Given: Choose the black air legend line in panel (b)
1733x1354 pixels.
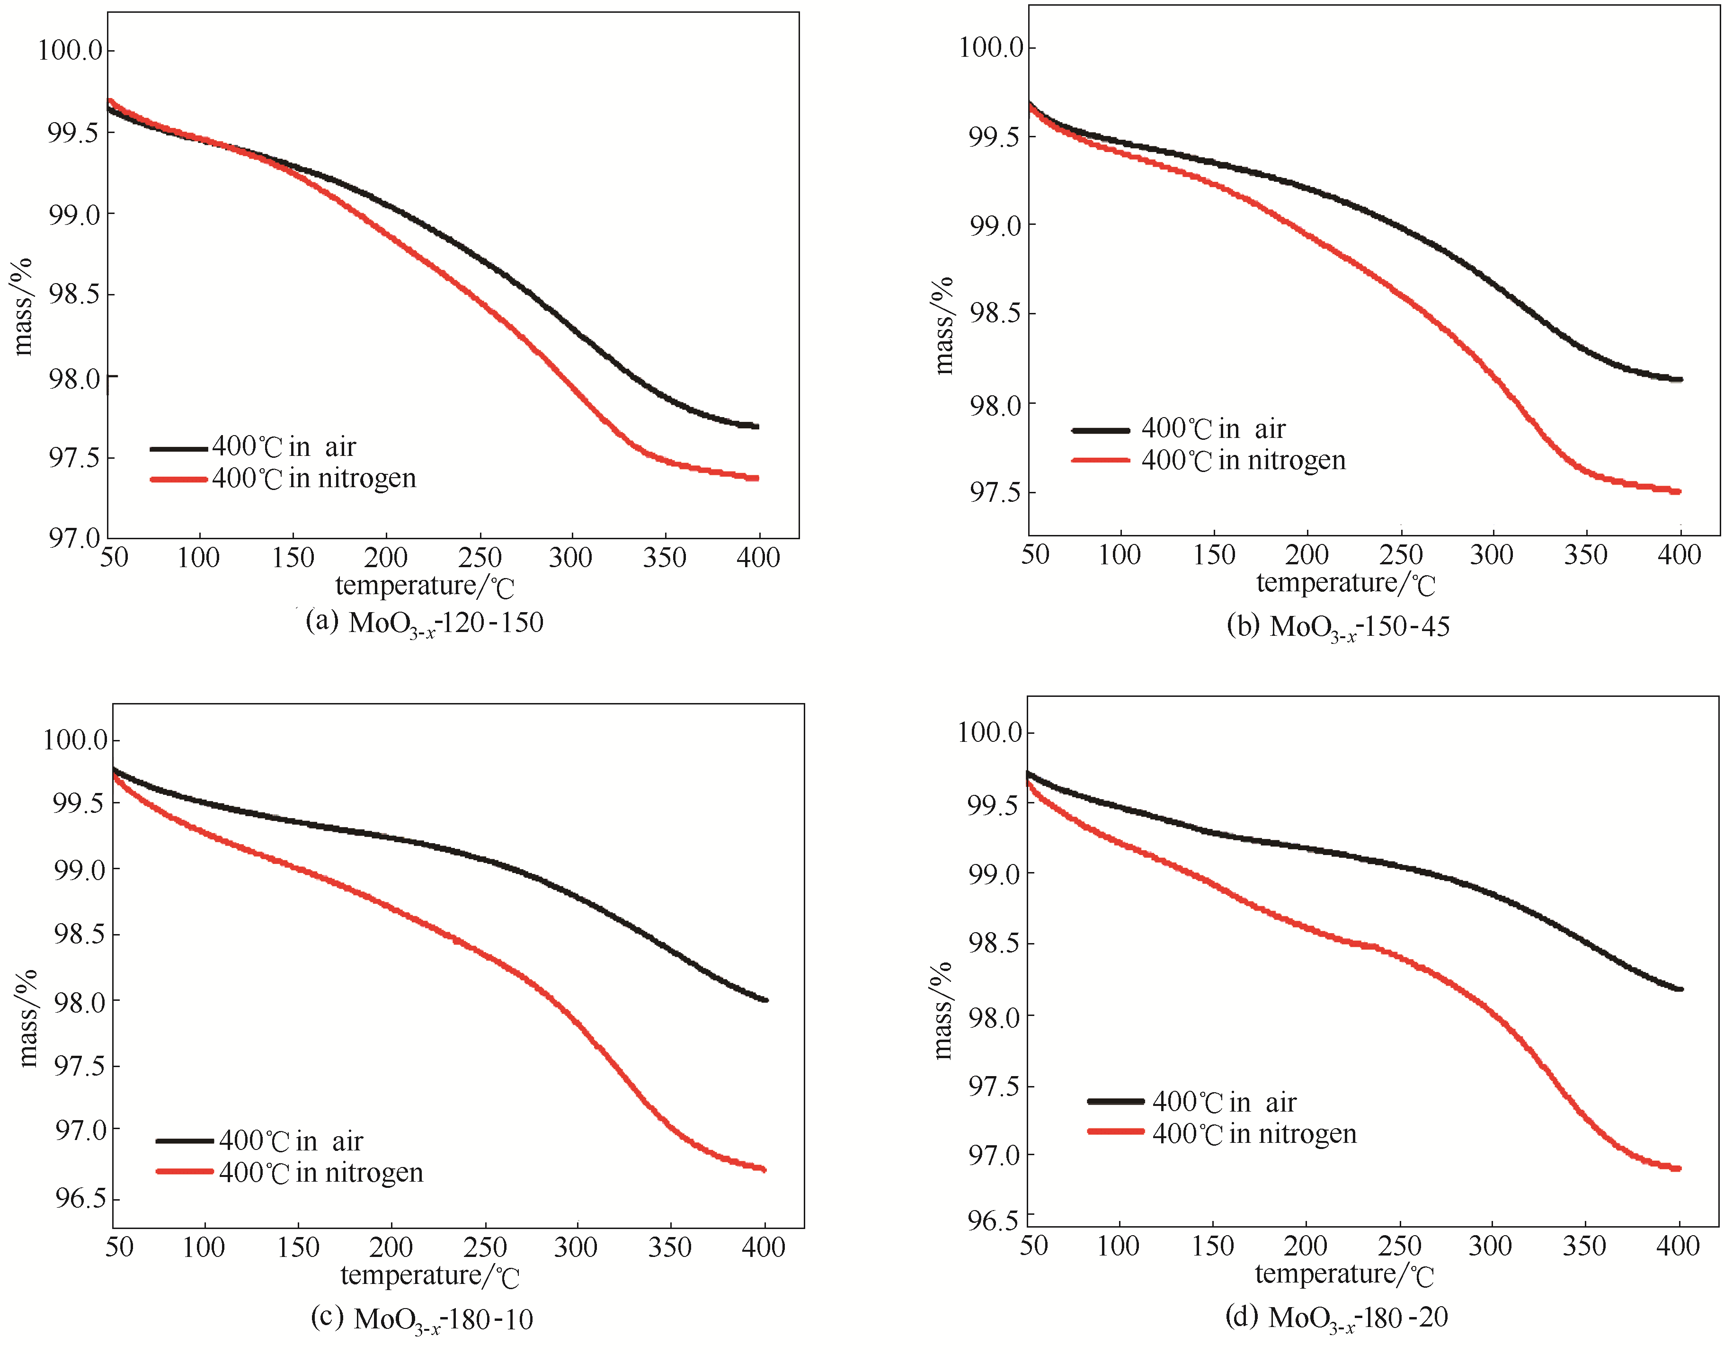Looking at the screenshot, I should tap(1101, 430).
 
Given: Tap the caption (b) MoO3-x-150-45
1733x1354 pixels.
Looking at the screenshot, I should tap(1338, 627).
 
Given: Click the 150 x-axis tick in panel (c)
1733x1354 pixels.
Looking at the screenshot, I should tap(298, 1247).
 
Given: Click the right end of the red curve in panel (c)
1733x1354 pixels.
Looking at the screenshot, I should tap(764, 1169).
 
